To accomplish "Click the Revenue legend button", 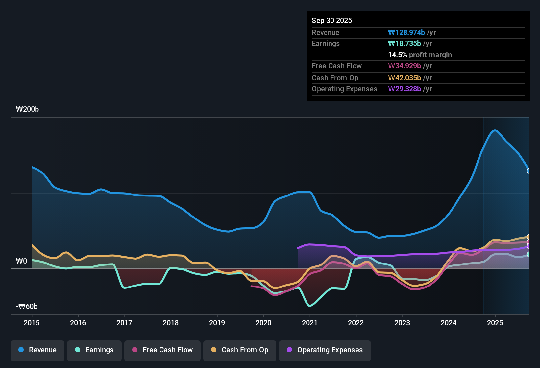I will coord(37,350).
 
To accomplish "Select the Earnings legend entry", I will coord(94,350).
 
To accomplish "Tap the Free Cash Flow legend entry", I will coord(162,350).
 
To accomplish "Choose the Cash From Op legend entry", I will coord(240,350).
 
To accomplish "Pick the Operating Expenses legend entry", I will coord(325,350).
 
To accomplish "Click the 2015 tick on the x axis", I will coord(32,323).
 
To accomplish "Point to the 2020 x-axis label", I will coord(263,323).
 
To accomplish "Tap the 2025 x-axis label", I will coord(495,323).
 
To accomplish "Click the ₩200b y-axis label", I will coord(27,109).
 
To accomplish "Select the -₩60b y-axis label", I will coord(27,307).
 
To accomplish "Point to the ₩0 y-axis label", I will coord(21,261).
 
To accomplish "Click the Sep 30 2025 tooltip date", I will coord(332,21).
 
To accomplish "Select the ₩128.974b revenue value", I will coord(406,33).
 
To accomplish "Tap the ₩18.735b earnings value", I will coord(405,44).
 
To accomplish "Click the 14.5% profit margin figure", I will coord(397,55).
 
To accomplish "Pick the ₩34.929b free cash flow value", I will coord(405,66).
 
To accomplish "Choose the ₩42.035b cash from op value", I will coord(405,78).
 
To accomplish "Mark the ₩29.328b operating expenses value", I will coord(405,89).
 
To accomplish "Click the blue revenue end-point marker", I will coord(529,171).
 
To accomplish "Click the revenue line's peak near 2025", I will coord(495,130).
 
